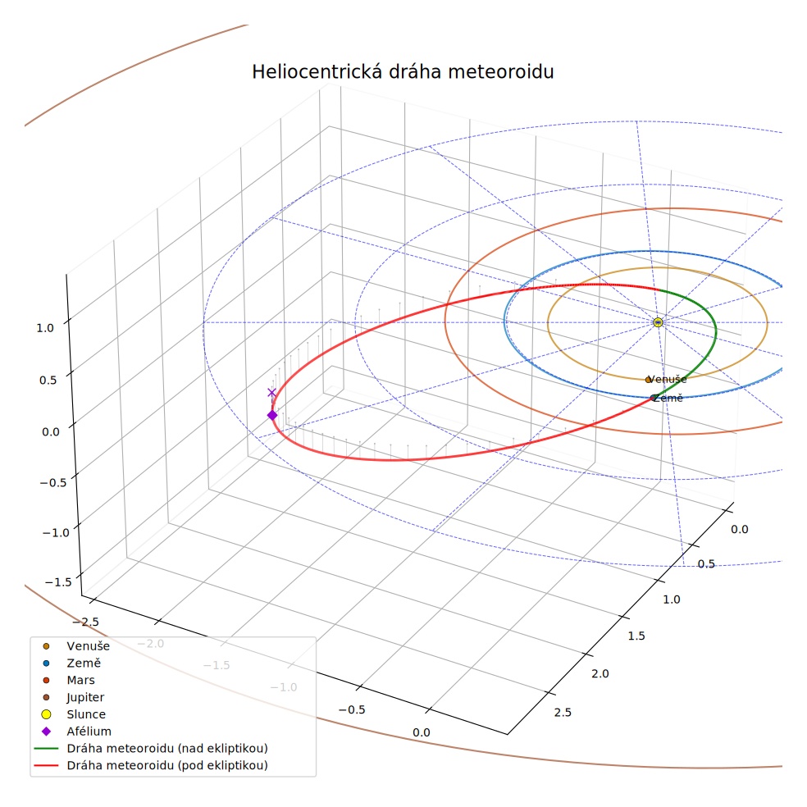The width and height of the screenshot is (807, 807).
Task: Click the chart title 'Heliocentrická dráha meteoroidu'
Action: (403, 71)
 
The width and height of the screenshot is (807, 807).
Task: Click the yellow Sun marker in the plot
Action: (658, 322)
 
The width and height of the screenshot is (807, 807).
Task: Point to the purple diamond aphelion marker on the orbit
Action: (272, 415)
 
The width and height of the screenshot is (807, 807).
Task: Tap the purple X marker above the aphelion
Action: (271, 393)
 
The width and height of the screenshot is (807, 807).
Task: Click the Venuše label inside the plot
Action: (667, 380)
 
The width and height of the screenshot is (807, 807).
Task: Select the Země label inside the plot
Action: (668, 398)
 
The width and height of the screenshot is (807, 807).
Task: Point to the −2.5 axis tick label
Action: (85, 622)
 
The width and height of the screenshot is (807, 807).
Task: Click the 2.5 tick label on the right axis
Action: (563, 713)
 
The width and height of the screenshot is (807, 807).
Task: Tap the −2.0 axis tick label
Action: (150, 643)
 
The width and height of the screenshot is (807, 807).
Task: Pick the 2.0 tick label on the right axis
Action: (600, 673)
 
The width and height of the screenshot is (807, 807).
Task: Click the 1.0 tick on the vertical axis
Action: (45, 328)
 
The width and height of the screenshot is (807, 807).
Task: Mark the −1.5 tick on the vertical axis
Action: (58, 582)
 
